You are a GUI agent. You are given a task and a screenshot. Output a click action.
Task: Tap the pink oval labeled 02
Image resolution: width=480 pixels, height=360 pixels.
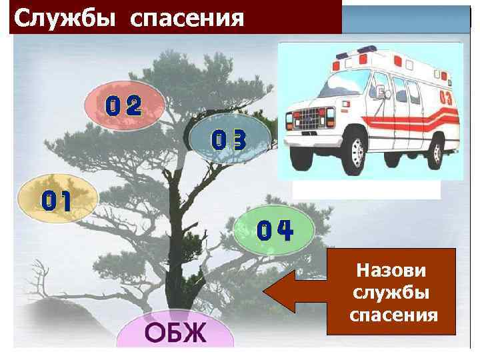click(123, 107)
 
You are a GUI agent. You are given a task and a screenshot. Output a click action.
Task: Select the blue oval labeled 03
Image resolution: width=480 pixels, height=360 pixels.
click(229, 139)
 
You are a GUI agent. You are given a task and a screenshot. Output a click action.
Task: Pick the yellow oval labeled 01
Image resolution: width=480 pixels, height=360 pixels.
click(57, 200)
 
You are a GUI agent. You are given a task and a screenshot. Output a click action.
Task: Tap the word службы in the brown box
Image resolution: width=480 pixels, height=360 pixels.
click(393, 293)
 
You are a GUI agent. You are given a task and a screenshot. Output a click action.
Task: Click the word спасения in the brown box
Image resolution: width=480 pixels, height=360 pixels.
click(393, 315)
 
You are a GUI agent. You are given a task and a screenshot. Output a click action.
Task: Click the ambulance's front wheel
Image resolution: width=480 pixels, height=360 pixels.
click(349, 151)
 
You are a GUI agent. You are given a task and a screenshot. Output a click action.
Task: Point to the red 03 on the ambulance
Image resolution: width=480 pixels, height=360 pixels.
click(446, 97)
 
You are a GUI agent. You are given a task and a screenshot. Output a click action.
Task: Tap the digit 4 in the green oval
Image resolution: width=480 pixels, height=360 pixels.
click(285, 231)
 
